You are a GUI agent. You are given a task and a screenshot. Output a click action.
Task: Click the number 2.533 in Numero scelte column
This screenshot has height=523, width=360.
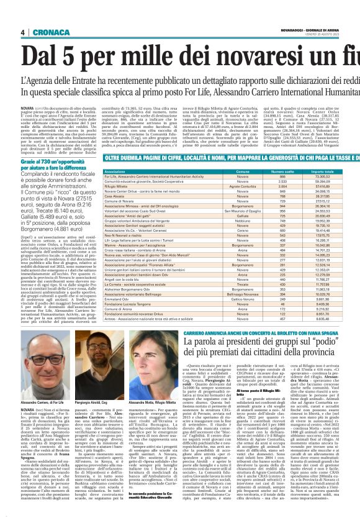[x=284, y=181]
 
